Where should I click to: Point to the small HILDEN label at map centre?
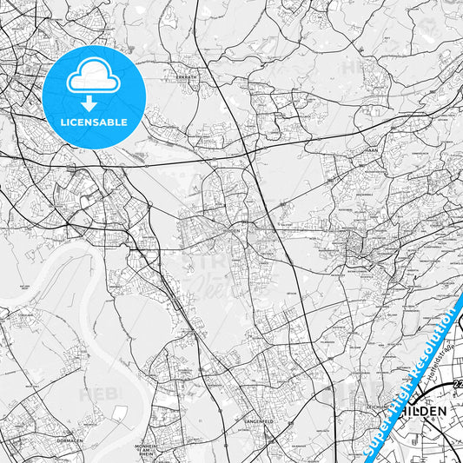pyautogui.click(x=229, y=232)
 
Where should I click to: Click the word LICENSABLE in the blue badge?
pyautogui.click(x=94, y=122)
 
